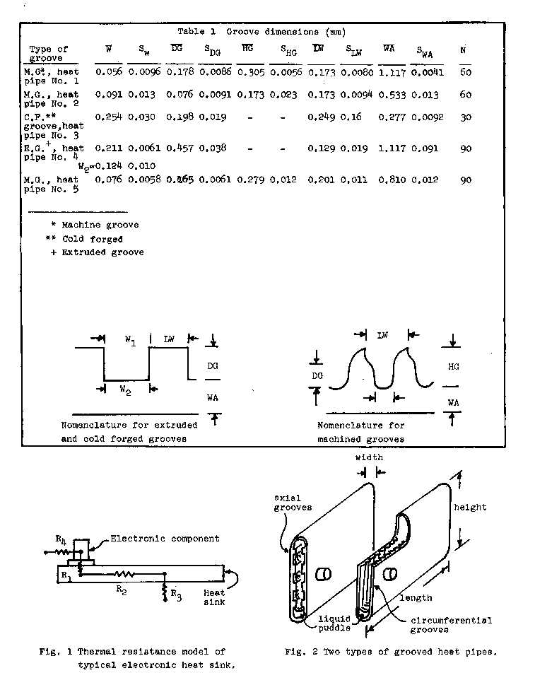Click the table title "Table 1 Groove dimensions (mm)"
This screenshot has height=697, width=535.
261,32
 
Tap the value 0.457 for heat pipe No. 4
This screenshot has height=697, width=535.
180,148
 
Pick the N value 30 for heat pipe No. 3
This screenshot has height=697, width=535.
466,118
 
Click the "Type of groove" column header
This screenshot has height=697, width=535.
48,53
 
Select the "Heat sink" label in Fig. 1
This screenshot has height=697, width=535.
214,597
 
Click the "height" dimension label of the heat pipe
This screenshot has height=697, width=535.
470,508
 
